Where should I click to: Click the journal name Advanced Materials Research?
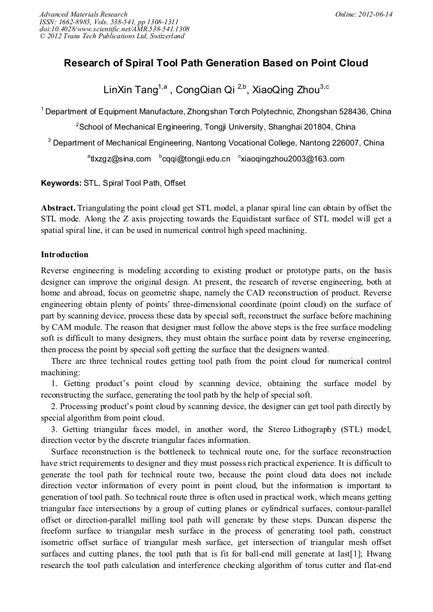tap(83, 14)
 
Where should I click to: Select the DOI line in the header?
tap(114, 29)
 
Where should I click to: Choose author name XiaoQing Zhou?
tap(285, 89)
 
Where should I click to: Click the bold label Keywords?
tap(61, 183)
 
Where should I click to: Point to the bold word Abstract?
tap(58, 208)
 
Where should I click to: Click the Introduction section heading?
tap(65, 255)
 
